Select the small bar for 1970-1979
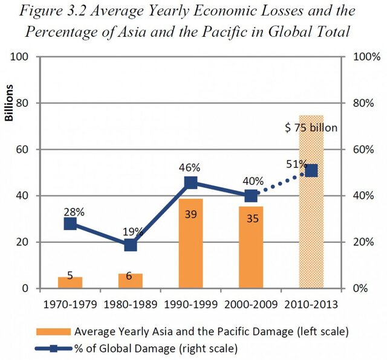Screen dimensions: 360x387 [x=70, y=282]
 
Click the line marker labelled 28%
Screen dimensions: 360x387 [x=70, y=223]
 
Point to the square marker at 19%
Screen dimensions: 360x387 [x=131, y=245]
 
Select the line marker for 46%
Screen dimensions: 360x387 [x=191, y=182]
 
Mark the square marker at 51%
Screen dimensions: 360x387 [x=311, y=171]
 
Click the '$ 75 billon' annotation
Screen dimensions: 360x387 [x=311, y=127]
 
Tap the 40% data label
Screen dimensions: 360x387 [x=253, y=181]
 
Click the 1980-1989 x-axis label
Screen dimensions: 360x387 [x=131, y=303]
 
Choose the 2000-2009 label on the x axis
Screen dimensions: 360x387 [x=251, y=303]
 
